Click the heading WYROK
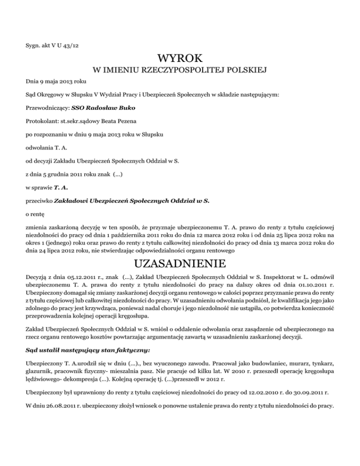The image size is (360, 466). (x=180, y=59)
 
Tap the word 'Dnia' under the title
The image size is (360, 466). (x=32, y=81)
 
